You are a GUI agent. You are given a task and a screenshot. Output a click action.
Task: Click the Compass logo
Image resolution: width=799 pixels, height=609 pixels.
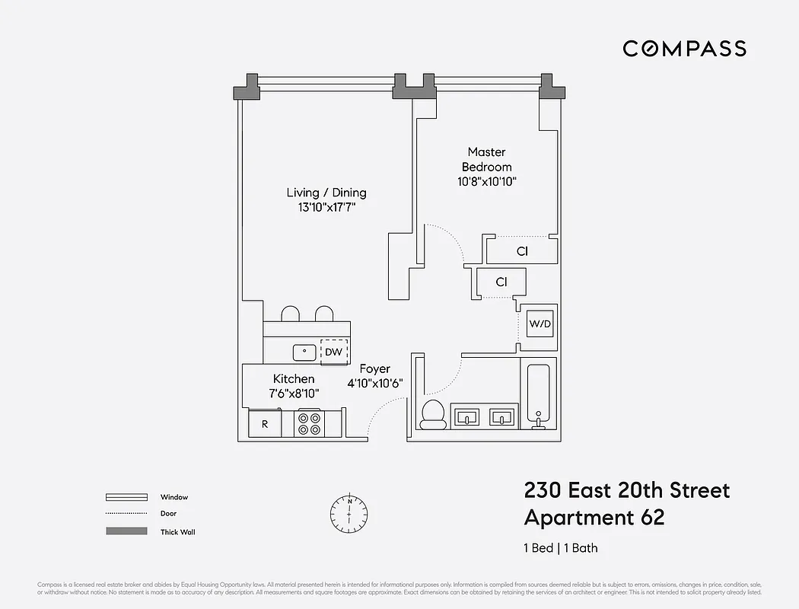pyautogui.click(x=684, y=49)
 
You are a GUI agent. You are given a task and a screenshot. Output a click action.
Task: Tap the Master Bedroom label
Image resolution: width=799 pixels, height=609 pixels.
pyautogui.click(x=487, y=159)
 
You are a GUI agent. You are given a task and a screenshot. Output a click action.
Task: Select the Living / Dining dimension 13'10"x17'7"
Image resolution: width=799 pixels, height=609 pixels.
pyautogui.click(x=326, y=207)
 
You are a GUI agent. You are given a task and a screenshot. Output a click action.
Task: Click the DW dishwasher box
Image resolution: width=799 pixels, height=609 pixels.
pyautogui.click(x=334, y=352)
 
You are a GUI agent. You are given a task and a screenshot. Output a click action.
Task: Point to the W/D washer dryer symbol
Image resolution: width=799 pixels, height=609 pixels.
pyautogui.click(x=540, y=324)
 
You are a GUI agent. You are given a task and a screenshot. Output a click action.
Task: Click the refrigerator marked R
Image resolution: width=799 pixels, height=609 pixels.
pyautogui.click(x=265, y=424)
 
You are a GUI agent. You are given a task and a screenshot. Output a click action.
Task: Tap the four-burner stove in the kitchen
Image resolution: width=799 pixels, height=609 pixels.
pyautogui.click(x=309, y=423)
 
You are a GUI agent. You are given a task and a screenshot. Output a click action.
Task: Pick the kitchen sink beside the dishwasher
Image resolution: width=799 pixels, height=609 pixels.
pyautogui.click(x=305, y=352)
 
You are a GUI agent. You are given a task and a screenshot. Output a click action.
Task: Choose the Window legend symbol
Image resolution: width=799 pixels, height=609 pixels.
pyautogui.click(x=126, y=497)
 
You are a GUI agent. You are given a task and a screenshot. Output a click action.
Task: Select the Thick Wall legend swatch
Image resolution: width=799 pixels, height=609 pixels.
pyautogui.click(x=126, y=531)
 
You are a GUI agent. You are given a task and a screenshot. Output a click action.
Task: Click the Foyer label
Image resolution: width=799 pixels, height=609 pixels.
pyautogui.click(x=374, y=369)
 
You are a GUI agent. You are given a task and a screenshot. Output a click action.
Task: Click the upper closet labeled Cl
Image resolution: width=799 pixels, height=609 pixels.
pyautogui.click(x=522, y=251)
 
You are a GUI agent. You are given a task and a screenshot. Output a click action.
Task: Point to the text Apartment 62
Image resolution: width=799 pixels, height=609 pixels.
pyautogui.click(x=594, y=518)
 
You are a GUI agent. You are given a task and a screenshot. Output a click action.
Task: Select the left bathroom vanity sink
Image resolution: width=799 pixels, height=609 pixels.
pyautogui.click(x=466, y=417)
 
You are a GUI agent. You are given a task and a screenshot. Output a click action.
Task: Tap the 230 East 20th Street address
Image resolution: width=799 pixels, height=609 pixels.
pyautogui.click(x=626, y=489)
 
